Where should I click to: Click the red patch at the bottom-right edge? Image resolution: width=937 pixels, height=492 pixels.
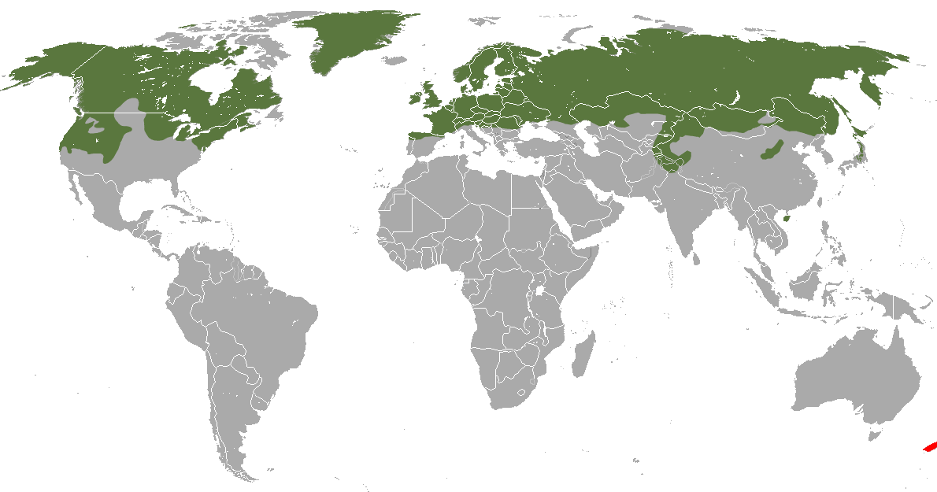point(930,447)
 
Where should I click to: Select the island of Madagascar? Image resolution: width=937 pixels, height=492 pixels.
point(583,356)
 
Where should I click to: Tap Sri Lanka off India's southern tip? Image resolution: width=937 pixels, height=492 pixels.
point(695,257)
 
